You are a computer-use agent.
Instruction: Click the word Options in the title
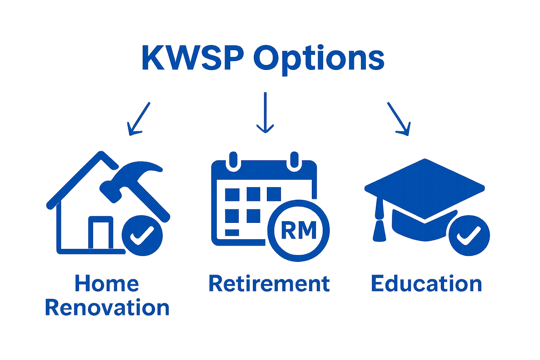tap(318, 58)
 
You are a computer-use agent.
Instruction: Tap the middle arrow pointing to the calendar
tap(265, 112)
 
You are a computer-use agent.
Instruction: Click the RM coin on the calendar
tap(299, 231)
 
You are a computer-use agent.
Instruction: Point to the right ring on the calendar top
tap(294, 160)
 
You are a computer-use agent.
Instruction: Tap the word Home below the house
tap(107, 284)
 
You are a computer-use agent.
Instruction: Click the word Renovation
tap(107, 308)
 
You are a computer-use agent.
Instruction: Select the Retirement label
tap(269, 284)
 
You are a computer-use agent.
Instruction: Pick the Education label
tap(426, 284)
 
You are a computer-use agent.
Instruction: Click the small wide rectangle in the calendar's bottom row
tap(232, 232)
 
